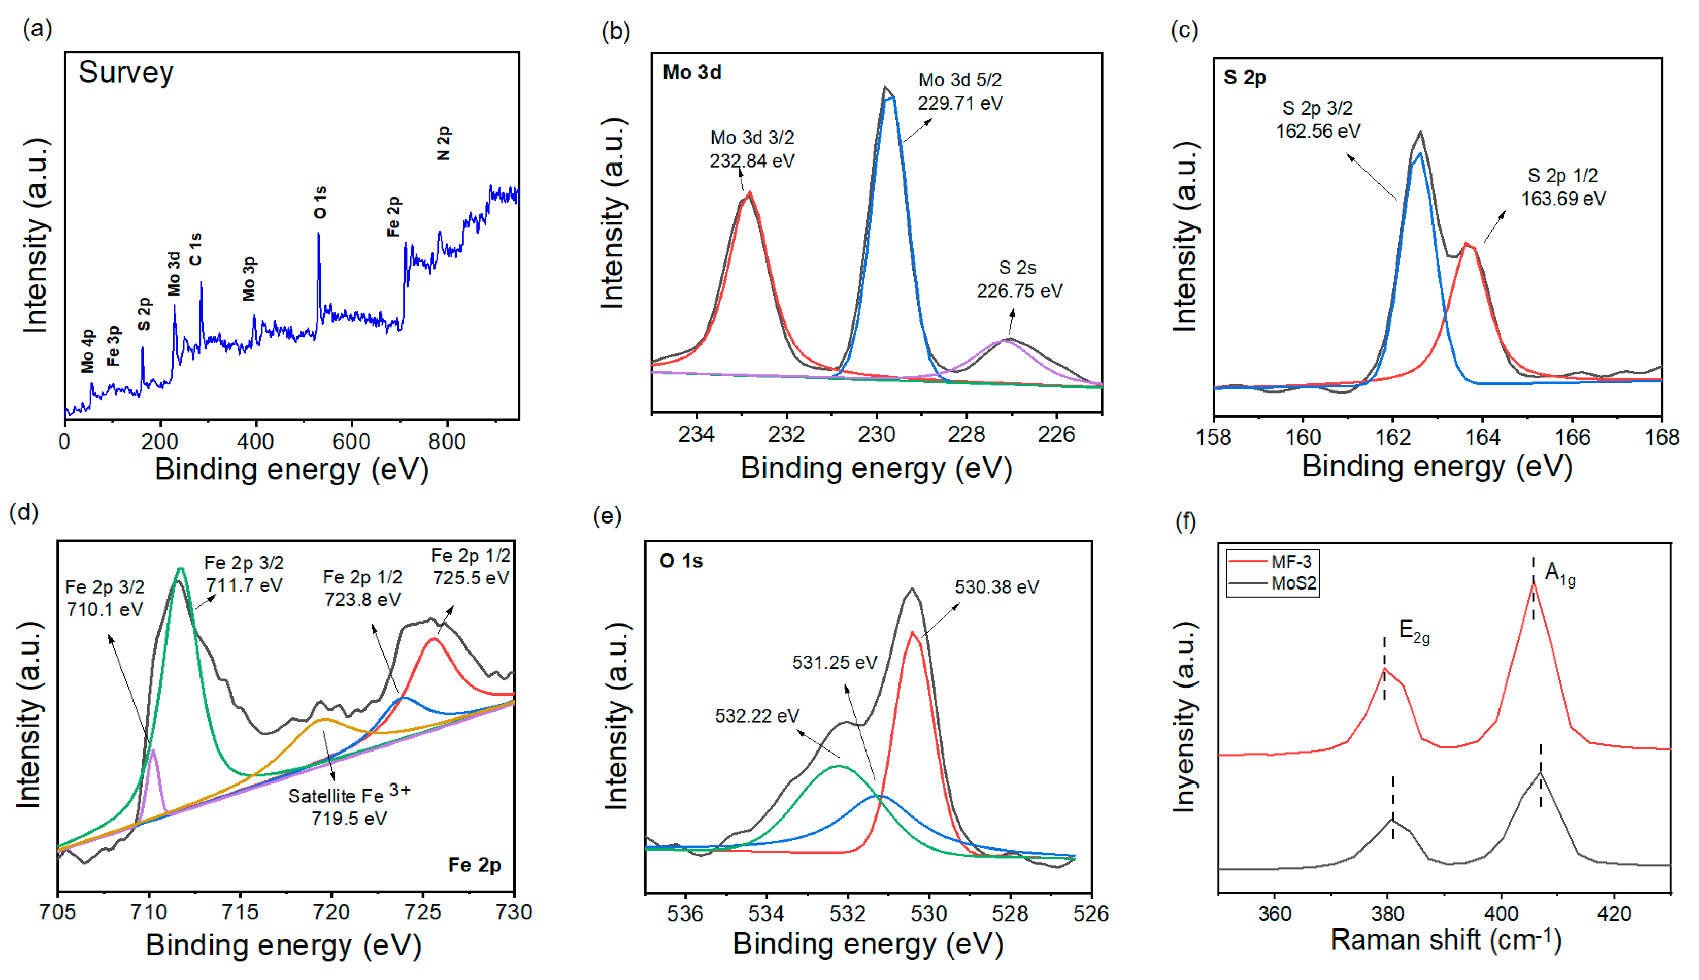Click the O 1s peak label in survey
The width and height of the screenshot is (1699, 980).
[x=320, y=202]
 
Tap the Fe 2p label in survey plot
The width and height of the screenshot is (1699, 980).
[x=393, y=216]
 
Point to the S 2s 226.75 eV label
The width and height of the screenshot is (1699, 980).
[x=1019, y=279]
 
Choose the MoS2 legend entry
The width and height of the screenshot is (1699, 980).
[x=1293, y=583]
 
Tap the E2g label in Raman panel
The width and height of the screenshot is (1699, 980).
[x=1413, y=631]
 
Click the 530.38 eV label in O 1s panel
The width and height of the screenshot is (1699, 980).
[x=996, y=587]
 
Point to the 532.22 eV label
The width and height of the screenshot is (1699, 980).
[x=756, y=715]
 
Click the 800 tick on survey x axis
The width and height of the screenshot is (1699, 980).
[x=447, y=442]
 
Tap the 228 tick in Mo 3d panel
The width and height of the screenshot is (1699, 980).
[x=965, y=435]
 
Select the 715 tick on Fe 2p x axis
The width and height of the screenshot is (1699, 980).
[x=240, y=912]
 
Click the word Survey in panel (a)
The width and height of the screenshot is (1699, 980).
[x=126, y=72]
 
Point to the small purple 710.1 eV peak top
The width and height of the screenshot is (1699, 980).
[x=153, y=750]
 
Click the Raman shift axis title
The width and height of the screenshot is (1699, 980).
[x=1445, y=940]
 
